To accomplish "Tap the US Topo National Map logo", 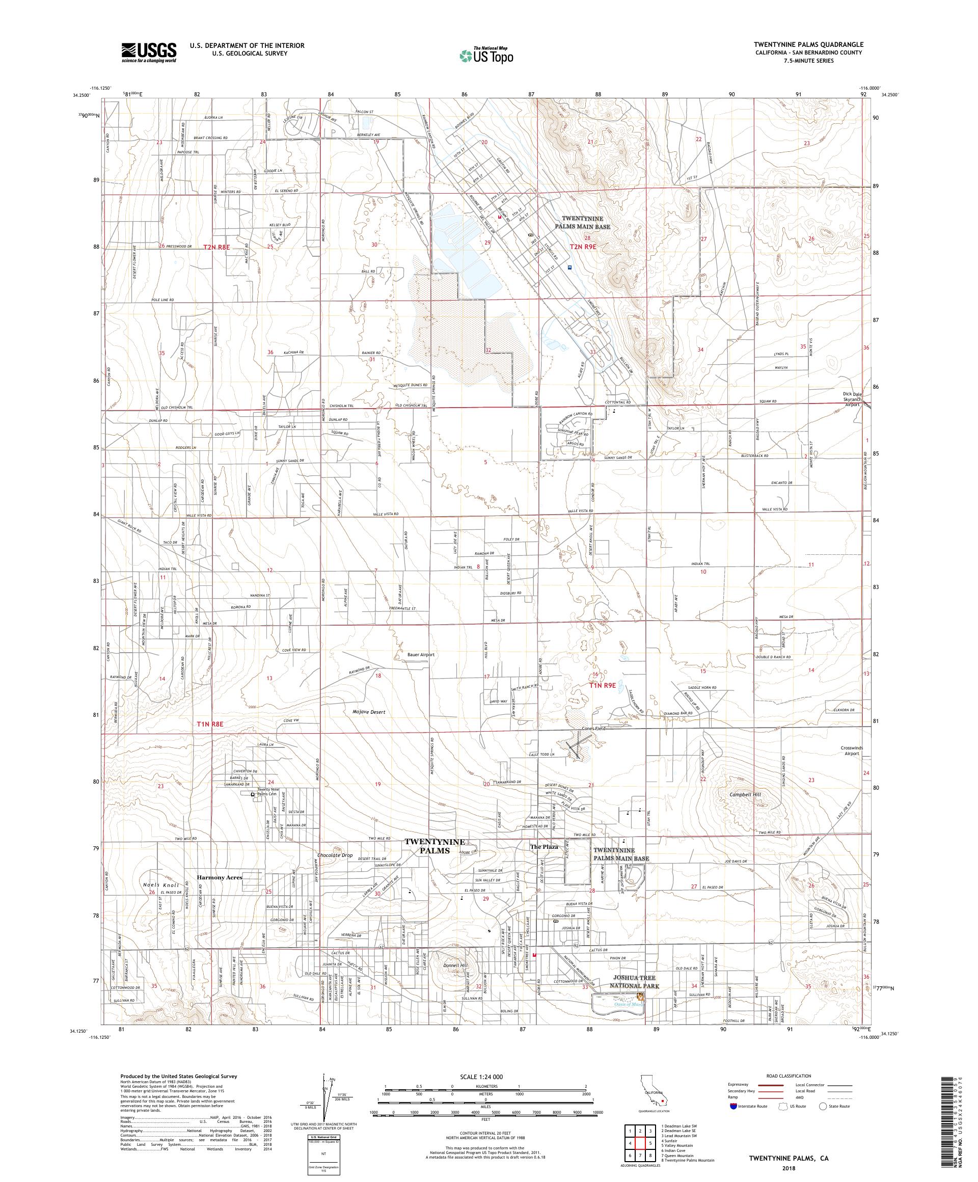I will point(487,55).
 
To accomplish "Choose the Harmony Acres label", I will point(220,877).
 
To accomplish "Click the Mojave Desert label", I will point(369,712).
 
